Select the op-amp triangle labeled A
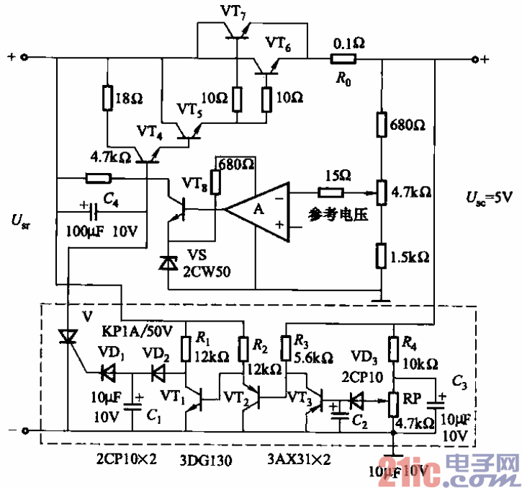click(259, 209)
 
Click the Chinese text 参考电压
click(333, 214)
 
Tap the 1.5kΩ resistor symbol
click(382, 256)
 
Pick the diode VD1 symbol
click(110, 373)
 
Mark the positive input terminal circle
click(24, 58)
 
